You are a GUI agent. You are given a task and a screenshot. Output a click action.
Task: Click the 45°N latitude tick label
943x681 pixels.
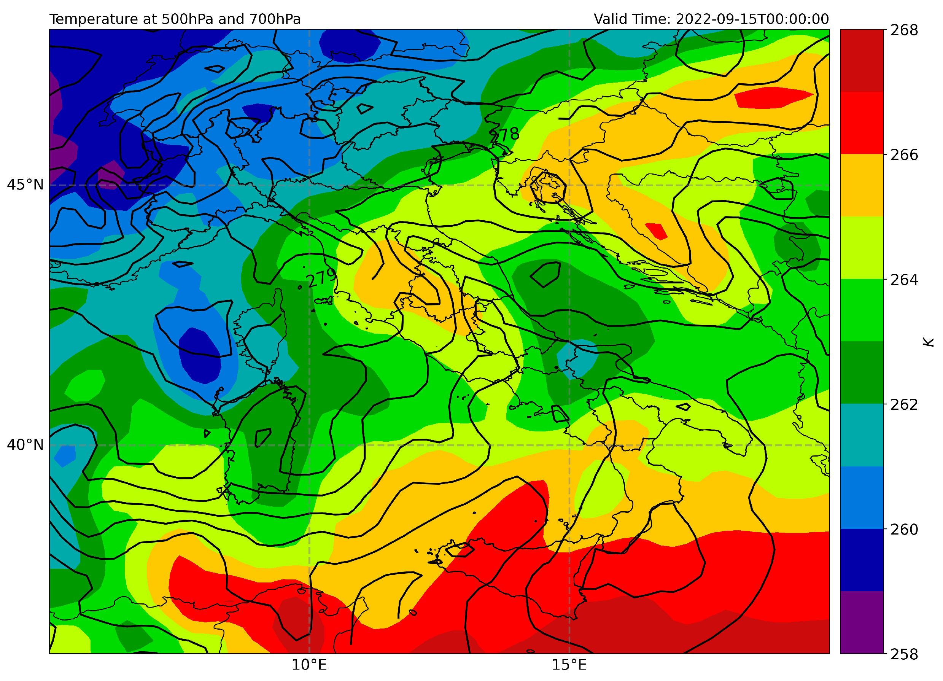click(25, 185)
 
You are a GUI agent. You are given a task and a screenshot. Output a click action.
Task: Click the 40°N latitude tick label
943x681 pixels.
click(25, 445)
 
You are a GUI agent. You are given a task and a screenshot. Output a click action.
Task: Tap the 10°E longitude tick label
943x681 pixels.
click(309, 665)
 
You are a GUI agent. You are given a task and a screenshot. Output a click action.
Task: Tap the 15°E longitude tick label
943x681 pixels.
click(569, 665)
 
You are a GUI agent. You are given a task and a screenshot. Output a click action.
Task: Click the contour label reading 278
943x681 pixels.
click(504, 135)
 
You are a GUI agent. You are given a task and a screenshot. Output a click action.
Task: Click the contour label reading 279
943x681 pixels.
click(321, 277)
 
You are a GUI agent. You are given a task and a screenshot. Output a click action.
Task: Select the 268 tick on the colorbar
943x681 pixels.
click(904, 30)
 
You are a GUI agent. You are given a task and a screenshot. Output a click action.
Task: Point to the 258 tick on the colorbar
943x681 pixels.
click(904, 654)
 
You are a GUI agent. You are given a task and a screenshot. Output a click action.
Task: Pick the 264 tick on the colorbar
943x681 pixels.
click(904, 280)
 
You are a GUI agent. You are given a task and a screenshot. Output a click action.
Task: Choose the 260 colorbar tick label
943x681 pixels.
click(904, 530)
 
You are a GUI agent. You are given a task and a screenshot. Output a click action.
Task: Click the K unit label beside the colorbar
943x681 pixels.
click(929, 342)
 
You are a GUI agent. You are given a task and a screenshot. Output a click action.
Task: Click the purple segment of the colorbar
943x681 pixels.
click(862, 622)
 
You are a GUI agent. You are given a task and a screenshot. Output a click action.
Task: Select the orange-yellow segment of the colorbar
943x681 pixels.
click(862, 185)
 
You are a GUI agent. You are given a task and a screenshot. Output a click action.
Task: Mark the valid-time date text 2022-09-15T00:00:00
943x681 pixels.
click(752, 19)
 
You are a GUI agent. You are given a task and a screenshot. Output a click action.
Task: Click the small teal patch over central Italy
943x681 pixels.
click(577, 356)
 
